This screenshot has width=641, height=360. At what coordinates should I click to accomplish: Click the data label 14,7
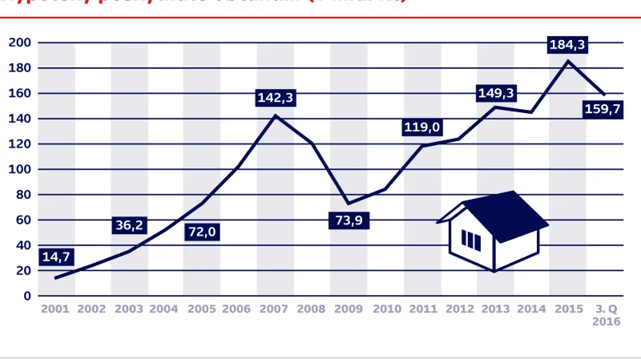point(56,257)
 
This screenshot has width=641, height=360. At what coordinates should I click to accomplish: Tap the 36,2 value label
point(129,225)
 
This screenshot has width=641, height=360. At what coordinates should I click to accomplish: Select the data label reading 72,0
point(202,232)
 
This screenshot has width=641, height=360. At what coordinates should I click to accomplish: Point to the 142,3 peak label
point(276,98)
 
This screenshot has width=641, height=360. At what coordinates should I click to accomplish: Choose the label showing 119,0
point(422,127)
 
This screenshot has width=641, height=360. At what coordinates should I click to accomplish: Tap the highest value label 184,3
point(568,45)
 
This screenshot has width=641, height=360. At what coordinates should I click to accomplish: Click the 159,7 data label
point(603,110)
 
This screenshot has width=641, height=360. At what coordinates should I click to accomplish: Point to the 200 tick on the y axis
point(20,42)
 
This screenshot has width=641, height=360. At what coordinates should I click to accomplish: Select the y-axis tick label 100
point(20,169)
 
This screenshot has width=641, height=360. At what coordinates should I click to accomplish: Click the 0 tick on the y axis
point(26,296)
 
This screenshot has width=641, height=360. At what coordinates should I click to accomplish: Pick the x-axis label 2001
point(55,309)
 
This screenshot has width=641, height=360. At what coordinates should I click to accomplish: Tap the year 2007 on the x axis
point(275,309)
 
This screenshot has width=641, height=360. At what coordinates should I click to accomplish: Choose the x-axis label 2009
point(348,309)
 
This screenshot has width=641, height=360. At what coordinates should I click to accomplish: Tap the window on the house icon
point(472,241)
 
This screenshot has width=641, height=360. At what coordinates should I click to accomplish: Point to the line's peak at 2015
point(567,61)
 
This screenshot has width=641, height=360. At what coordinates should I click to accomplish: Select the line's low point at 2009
point(348,203)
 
